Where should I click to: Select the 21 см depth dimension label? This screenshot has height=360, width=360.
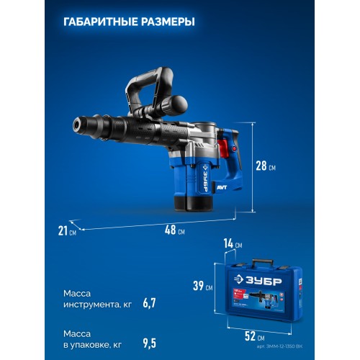[68, 230]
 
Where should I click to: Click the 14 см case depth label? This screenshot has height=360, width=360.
[233, 244]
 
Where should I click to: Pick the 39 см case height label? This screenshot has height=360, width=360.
[204, 287]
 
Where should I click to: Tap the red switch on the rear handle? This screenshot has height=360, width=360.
[233, 148]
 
